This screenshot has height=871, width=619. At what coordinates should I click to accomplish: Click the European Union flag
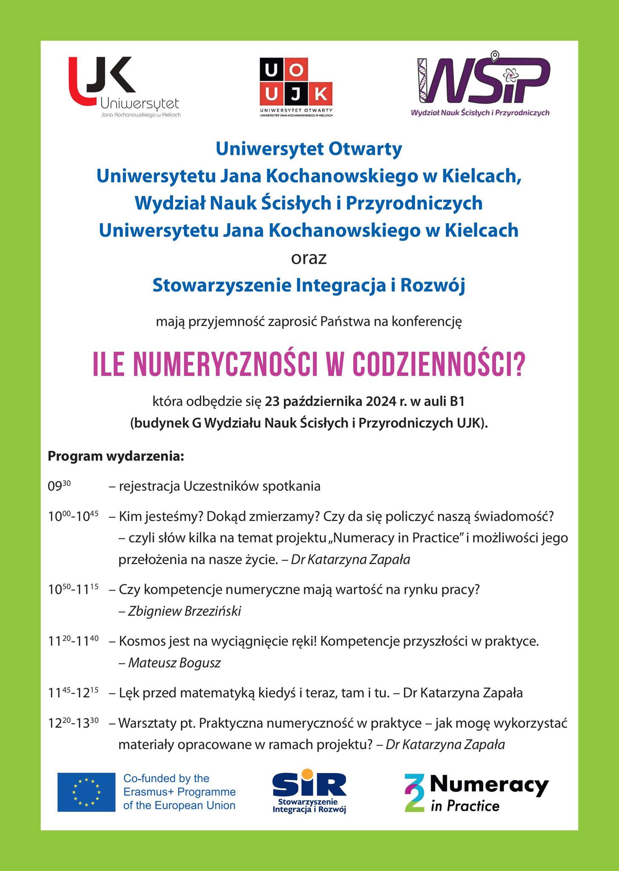coord(86,792)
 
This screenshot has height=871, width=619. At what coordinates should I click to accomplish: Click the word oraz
coord(309,259)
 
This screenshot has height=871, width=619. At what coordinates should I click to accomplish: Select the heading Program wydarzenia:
coord(116,456)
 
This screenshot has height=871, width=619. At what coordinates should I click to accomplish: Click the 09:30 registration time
coord(59,486)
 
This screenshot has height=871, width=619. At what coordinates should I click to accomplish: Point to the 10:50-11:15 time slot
coord(73,590)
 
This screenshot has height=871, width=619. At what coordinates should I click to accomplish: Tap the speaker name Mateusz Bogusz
coord(174,663)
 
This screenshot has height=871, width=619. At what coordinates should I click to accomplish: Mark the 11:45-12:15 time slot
coord(73,693)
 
